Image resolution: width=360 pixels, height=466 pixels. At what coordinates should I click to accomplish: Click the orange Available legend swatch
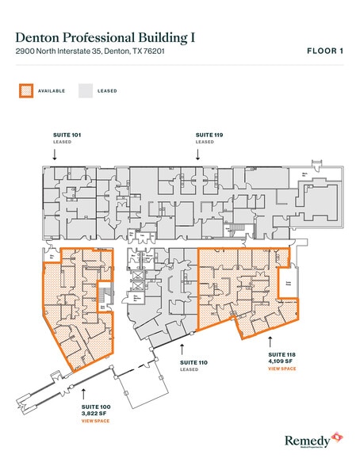(26, 90)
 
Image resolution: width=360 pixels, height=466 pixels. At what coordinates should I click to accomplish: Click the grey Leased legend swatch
(85, 90)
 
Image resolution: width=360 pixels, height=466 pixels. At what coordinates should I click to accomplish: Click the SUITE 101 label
(55, 136)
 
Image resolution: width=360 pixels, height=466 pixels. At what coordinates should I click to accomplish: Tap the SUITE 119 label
(209, 136)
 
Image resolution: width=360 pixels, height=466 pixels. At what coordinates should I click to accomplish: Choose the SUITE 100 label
(94, 407)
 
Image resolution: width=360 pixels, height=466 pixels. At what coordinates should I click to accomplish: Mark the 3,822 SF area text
(94, 414)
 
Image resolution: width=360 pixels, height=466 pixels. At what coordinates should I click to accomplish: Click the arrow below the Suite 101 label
(55, 156)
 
